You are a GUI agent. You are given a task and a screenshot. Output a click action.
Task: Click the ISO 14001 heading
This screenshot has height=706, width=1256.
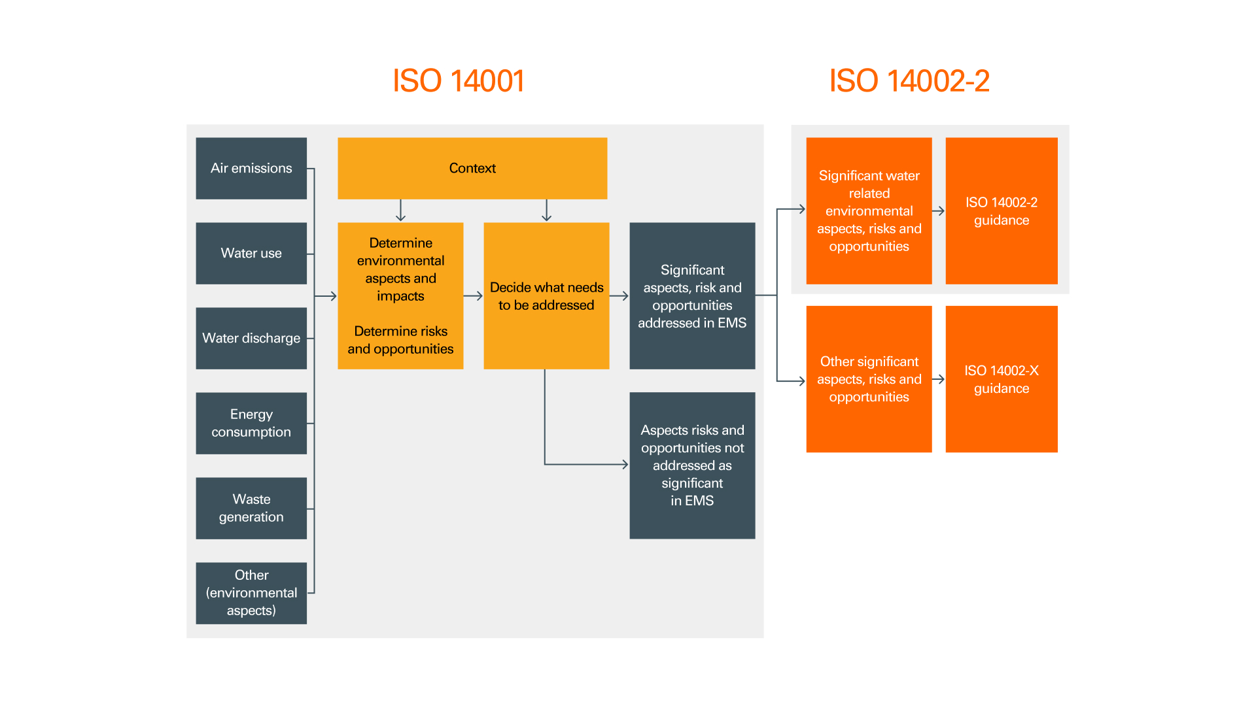(458, 81)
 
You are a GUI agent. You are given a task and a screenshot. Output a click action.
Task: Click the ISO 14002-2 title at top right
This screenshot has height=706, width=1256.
(909, 81)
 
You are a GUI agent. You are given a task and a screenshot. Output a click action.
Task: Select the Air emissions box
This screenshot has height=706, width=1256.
(251, 168)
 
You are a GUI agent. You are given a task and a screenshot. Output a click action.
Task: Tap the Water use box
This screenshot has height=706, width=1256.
(251, 253)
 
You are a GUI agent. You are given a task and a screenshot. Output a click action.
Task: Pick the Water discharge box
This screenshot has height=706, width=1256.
(251, 338)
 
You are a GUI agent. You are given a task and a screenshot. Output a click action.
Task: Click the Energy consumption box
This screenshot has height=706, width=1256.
(251, 423)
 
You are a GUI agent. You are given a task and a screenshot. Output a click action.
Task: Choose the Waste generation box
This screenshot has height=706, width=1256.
(251, 508)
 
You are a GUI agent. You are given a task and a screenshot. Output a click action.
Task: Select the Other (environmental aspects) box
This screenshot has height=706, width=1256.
(251, 593)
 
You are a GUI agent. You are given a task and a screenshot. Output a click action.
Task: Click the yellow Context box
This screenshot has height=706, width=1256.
(472, 168)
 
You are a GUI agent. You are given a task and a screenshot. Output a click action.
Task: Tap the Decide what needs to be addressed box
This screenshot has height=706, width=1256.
(546, 296)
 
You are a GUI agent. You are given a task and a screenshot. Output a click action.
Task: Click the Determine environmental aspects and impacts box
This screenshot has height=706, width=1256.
(400, 296)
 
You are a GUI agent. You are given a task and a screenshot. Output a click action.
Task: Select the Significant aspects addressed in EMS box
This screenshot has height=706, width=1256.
(692, 296)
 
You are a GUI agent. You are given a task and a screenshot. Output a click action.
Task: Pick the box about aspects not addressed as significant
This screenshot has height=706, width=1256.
(692, 465)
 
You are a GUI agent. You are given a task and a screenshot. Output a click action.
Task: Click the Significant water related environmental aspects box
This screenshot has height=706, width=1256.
(869, 210)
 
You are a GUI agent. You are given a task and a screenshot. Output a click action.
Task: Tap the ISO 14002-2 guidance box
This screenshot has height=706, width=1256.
(1001, 210)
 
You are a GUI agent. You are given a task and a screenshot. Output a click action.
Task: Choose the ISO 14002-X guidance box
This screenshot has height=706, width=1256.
(1001, 379)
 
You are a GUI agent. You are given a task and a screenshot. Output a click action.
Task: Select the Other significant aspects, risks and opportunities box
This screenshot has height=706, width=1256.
(869, 379)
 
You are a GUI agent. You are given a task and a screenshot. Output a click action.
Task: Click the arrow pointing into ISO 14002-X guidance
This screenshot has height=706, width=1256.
(938, 379)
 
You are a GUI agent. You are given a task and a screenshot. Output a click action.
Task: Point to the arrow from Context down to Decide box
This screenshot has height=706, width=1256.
(546, 210)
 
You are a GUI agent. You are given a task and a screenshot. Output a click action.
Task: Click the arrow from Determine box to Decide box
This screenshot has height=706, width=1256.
(473, 296)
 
